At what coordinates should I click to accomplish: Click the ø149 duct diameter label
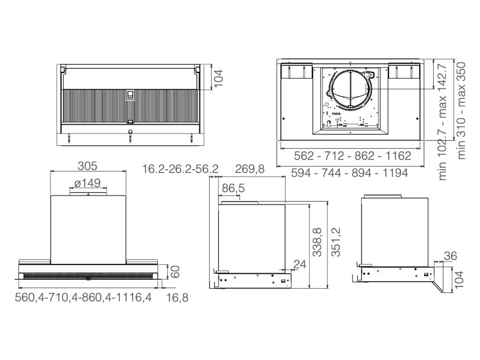[87, 183]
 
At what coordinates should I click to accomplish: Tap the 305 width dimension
[87, 166]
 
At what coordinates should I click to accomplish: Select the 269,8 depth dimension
[249, 169]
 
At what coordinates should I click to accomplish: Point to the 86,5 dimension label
[233, 188]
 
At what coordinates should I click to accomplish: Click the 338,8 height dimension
[317, 242]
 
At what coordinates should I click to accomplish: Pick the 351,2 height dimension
[336, 242]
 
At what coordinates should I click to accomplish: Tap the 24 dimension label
[300, 264]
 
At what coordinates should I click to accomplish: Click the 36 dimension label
[450, 256]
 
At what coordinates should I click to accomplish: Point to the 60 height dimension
[175, 272]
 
